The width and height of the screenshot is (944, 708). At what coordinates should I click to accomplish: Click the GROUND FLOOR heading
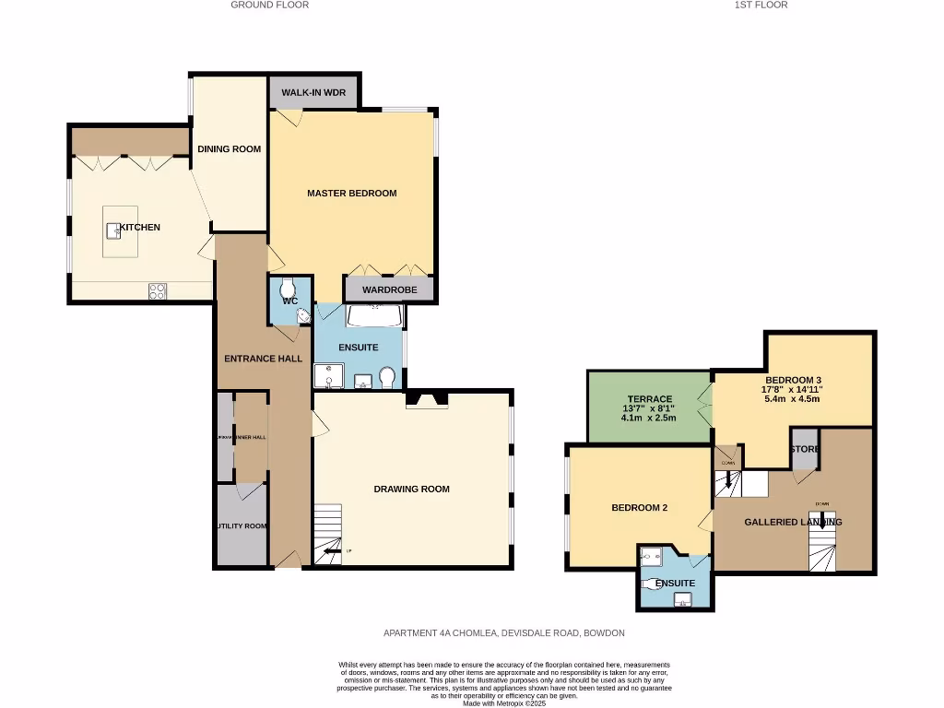(269, 5)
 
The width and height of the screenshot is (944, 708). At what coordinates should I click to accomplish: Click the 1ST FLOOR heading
(761, 5)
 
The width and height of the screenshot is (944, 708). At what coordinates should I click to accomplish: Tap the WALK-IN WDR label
(313, 94)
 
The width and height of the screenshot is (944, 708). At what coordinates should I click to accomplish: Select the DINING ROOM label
(229, 149)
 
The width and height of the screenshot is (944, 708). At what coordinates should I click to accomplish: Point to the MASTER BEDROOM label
(351, 194)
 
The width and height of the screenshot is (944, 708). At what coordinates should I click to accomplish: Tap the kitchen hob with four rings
(158, 291)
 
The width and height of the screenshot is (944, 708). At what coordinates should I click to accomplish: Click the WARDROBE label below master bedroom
(389, 289)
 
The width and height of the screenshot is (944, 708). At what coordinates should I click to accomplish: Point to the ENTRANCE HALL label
(264, 359)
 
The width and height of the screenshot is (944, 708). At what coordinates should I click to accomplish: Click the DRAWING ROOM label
(411, 489)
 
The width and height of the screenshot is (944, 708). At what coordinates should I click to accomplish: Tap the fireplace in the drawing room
(427, 399)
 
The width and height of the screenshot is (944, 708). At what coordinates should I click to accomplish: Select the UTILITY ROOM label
(242, 526)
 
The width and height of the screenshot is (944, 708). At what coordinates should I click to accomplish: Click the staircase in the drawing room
(327, 535)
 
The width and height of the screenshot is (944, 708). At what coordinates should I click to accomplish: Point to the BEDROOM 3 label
(793, 380)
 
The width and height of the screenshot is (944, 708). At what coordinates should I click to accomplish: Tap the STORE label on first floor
(804, 449)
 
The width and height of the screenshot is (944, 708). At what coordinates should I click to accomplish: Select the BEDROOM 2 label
(639, 508)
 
